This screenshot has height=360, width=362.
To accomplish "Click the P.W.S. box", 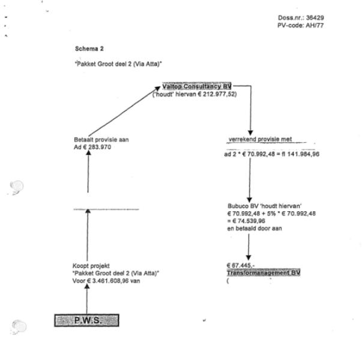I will click(x=87, y=320).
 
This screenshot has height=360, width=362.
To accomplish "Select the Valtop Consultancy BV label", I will click(x=196, y=87).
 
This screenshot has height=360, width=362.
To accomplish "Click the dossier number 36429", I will click(x=315, y=17).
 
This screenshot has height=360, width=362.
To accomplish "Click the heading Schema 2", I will click(x=88, y=47).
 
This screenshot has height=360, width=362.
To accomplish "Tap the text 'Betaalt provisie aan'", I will click(x=97, y=139).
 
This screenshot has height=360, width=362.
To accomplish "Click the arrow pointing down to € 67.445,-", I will click(x=249, y=246).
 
